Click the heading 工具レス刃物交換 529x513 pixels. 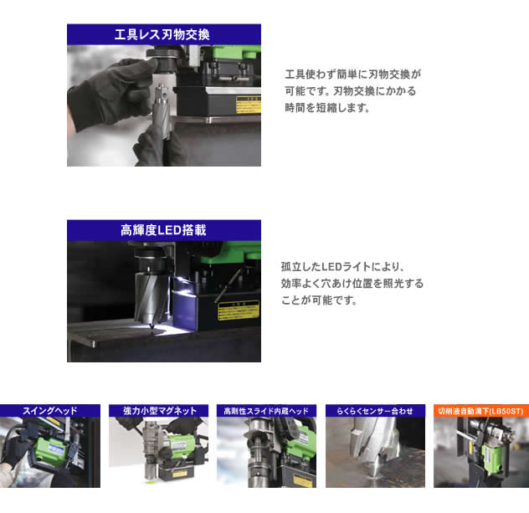click(163, 34)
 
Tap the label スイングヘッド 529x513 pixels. click(49, 411)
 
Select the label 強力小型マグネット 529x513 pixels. click(158, 411)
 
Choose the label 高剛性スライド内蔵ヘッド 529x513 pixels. click(266, 411)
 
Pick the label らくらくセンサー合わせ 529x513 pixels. click(375, 411)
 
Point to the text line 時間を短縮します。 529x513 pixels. click(327, 108)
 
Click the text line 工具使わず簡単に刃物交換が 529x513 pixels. click(352, 74)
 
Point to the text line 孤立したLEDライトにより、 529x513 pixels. click(343, 267)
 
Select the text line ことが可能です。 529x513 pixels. click(319, 300)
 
